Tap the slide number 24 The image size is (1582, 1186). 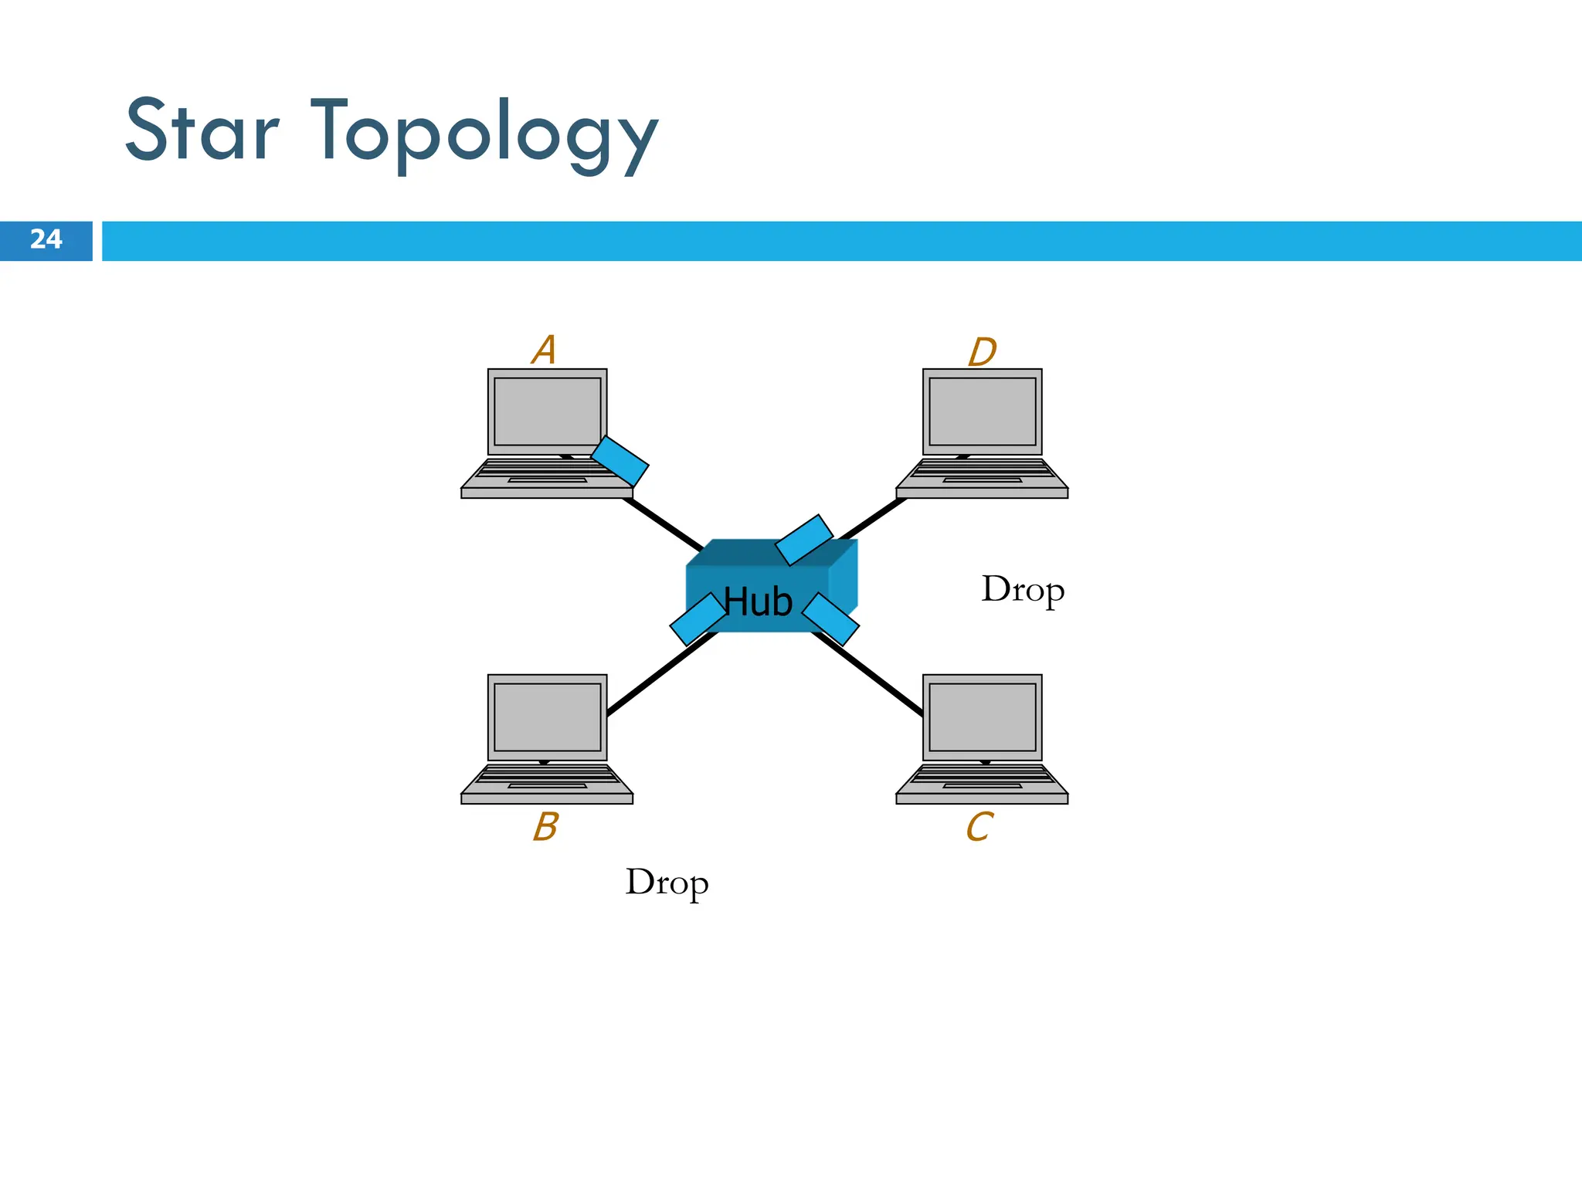pos(46,239)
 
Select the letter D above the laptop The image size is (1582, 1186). pos(982,352)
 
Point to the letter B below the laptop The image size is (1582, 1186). pos(545,826)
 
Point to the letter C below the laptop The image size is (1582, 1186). pos(979,827)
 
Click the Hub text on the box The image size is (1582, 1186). pos(758,601)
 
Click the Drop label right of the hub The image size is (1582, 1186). pos(1023,590)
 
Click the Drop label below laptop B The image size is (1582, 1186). pos(667,883)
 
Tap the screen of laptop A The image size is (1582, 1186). pos(547,411)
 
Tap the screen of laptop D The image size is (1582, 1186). pos(982,411)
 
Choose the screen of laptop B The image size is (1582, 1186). pos(547,717)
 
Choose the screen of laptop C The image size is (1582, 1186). pos(982,717)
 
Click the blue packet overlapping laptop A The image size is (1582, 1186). pos(620,461)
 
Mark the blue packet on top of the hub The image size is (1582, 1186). pos(804,540)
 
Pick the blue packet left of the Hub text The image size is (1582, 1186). pos(698,618)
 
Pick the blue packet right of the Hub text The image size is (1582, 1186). pos(830,619)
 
